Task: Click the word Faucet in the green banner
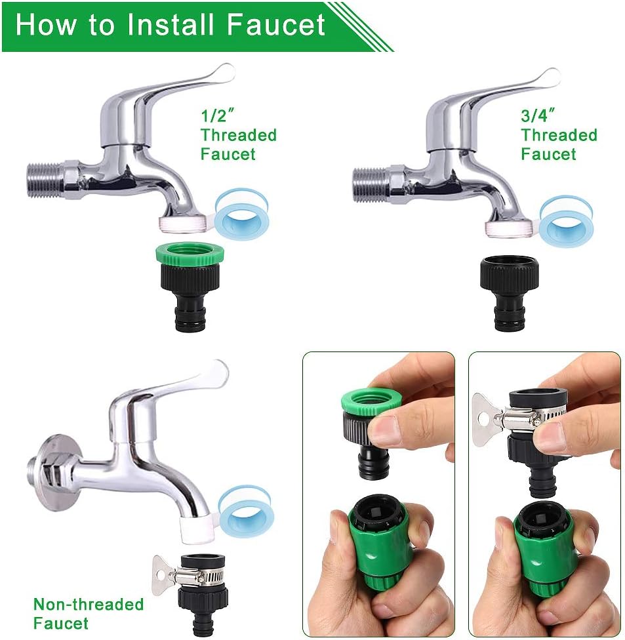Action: (x=275, y=24)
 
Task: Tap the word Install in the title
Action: (x=171, y=24)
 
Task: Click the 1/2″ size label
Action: (x=218, y=115)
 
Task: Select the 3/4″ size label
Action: (x=538, y=115)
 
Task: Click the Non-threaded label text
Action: (x=89, y=604)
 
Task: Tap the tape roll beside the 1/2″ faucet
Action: (x=242, y=214)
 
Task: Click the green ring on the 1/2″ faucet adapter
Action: (x=190, y=254)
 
